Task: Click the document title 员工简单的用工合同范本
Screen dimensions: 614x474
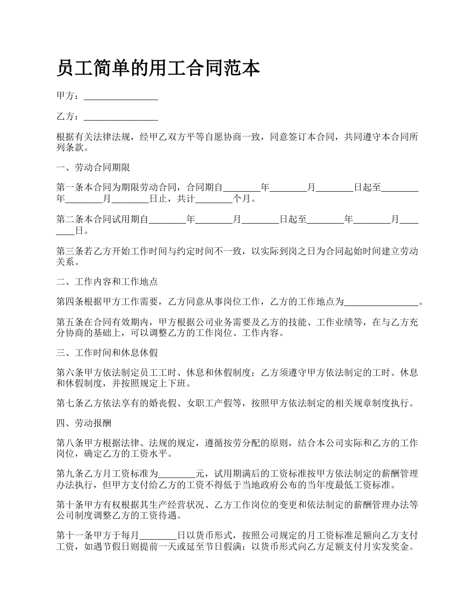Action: (x=158, y=68)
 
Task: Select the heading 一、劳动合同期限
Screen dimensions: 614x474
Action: (x=93, y=167)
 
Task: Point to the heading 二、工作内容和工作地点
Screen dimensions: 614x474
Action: (x=107, y=282)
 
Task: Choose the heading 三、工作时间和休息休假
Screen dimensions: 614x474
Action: (x=107, y=353)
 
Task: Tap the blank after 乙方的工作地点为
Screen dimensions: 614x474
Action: (x=382, y=303)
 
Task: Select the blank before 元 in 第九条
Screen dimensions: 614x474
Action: (x=177, y=473)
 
